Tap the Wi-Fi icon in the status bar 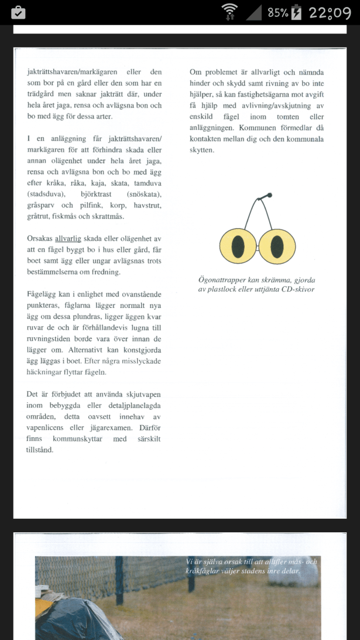229,12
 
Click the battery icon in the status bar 296,12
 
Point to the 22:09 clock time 330,12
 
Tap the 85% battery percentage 278,12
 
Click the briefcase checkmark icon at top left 18,12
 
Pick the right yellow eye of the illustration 277,245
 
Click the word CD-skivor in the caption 296,289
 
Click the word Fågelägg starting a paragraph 43,295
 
